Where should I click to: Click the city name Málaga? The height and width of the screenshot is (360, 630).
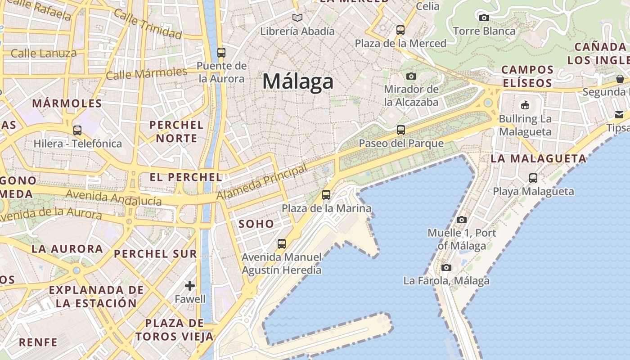[x=298, y=81]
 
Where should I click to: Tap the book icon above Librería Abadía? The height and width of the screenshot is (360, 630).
[x=297, y=18]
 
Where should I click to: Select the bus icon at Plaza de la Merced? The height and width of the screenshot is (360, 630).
[x=400, y=30]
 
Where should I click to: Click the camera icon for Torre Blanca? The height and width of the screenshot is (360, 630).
[x=484, y=18]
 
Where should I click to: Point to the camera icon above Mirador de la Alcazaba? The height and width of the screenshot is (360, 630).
[x=411, y=76]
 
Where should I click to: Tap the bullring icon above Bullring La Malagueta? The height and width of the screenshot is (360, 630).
[x=525, y=105]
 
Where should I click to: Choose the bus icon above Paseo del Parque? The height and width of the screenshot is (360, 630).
[x=400, y=130]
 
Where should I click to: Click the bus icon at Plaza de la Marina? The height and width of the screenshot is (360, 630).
[x=326, y=195]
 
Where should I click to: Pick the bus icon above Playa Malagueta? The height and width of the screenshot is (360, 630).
[x=533, y=178]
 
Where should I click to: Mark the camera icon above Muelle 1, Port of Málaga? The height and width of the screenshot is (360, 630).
[x=462, y=220]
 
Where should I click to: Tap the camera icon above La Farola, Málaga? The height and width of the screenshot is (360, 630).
[x=446, y=267]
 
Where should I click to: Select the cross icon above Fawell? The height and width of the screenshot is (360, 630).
[x=190, y=285]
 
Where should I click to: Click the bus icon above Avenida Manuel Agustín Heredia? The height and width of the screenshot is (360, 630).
[x=282, y=244]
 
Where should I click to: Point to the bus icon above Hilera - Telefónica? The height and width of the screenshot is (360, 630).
[x=77, y=130]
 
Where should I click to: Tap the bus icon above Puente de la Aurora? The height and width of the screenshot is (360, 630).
[x=221, y=52]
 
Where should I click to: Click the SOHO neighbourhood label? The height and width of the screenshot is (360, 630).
[x=256, y=224]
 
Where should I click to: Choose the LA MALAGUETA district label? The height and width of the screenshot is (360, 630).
[x=538, y=158]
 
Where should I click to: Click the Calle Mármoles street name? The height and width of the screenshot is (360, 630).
[x=147, y=73]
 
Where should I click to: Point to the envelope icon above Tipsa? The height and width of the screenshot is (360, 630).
[x=620, y=115]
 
